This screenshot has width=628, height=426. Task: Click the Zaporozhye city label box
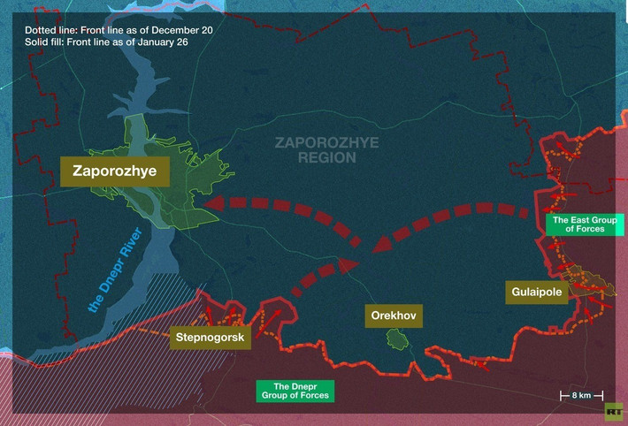point(115,172)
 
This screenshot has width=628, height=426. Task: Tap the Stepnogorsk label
point(211,336)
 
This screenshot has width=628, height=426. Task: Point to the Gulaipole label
point(536,293)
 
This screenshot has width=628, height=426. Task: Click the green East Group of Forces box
point(578,224)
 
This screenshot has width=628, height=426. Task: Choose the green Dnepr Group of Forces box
point(295,391)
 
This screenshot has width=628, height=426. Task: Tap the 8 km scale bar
point(581,395)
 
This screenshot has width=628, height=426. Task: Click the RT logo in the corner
point(612,411)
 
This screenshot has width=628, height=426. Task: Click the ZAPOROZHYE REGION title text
point(315,149)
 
